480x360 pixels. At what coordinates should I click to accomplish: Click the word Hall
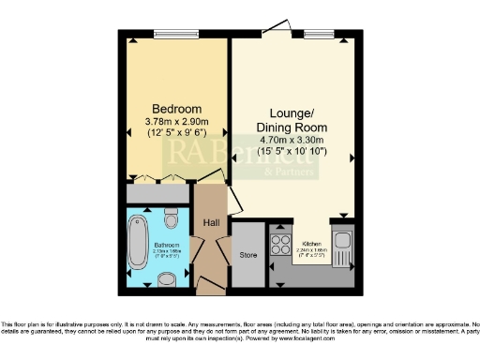[211, 222]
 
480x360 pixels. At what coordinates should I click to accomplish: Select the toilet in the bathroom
[170, 218]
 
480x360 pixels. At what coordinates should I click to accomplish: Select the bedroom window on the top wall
[177, 35]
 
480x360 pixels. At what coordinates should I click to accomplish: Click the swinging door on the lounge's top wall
[279, 28]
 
